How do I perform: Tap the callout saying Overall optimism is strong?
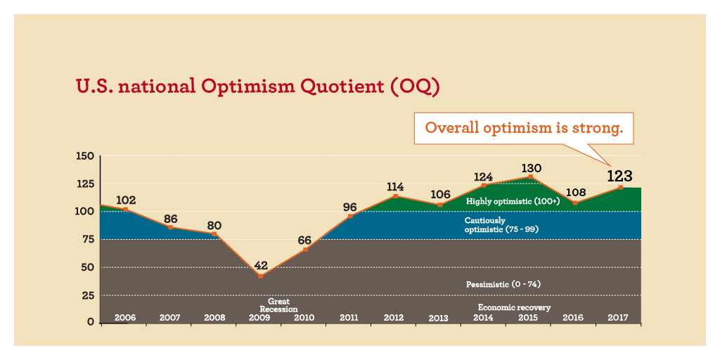(524, 129)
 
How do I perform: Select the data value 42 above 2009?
(260, 266)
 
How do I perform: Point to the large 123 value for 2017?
(620, 176)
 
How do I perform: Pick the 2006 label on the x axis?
(125, 318)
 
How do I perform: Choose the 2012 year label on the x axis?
(394, 318)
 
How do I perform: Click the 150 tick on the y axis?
(85, 156)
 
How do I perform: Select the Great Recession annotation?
(278, 305)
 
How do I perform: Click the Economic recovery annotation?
(514, 308)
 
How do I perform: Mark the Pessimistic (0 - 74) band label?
(503, 284)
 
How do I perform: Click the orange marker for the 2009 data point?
(260, 276)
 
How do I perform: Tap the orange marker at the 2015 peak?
(531, 177)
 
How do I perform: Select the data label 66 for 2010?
(305, 239)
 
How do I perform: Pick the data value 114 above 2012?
(395, 186)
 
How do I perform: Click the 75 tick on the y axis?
(88, 239)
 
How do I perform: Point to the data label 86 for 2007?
(170, 218)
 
